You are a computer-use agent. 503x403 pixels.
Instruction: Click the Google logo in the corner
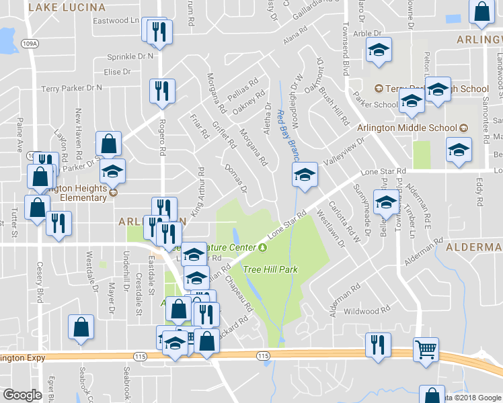(22, 395)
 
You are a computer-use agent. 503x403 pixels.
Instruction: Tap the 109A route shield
(29, 44)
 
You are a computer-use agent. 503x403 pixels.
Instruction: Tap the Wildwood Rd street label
(366, 311)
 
